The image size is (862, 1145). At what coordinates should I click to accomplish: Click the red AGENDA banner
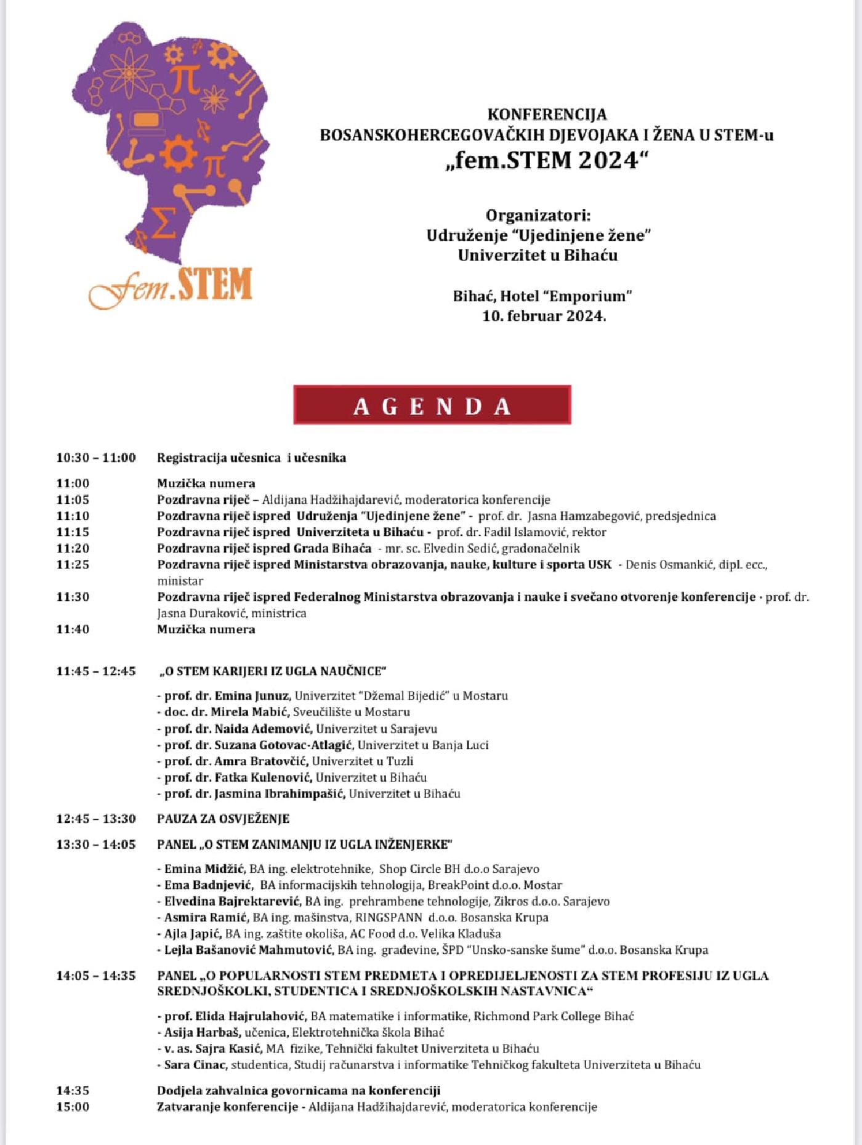click(432, 405)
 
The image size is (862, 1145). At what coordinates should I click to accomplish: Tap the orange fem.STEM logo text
click(171, 286)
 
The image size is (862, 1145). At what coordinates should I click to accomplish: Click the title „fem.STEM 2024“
click(547, 160)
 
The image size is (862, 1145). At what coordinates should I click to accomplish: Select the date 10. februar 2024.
click(544, 316)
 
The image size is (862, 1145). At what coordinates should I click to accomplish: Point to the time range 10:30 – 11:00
click(96, 458)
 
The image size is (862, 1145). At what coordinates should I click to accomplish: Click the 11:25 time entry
click(73, 564)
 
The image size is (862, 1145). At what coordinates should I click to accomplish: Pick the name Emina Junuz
click(251, 696)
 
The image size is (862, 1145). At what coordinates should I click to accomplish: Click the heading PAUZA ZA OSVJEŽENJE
click(223, 819)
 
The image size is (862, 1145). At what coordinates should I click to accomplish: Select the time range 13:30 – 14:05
click(96, 844)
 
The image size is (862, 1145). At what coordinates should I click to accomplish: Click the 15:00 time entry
click(73, 1107)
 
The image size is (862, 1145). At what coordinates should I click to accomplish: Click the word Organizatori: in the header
click(538, 216)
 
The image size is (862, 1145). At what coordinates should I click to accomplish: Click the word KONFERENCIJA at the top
click(547, 115)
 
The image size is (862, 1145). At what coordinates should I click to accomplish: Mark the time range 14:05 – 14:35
click(96, 976)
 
